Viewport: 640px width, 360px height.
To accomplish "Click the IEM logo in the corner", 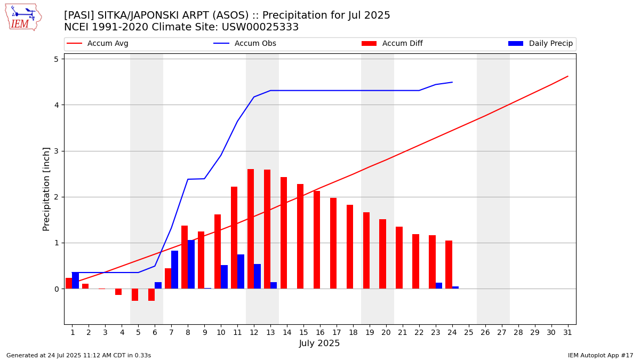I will [23, 17].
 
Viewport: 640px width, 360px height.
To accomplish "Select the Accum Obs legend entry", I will [255, 44].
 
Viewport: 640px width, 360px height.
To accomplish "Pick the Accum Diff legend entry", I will [402, 44].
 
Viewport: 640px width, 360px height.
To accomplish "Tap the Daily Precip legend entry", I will [550, 44].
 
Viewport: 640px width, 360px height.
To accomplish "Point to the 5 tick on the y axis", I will [55, 59].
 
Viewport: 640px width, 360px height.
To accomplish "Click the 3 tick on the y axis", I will [55, 151].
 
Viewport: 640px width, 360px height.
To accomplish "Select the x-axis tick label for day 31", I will [567, 332].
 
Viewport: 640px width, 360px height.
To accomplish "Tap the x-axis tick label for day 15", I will [303, 332].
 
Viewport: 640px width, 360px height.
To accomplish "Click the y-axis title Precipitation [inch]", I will [46, 189].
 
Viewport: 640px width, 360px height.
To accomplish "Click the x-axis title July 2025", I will [319, 343].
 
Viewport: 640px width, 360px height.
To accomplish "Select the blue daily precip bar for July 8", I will [191, 265].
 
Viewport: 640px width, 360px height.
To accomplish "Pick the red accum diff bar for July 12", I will [251, 229].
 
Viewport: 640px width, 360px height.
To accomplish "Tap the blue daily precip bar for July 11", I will [241, 271].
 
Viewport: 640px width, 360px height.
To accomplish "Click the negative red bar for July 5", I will [135, 295].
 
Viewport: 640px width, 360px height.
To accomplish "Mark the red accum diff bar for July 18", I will [350, 247].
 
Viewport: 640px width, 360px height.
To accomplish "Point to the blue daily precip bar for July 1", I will [75, 281].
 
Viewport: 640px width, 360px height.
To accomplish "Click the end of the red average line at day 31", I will [567, 76].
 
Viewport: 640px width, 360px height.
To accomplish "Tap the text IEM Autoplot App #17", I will [600, 355].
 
